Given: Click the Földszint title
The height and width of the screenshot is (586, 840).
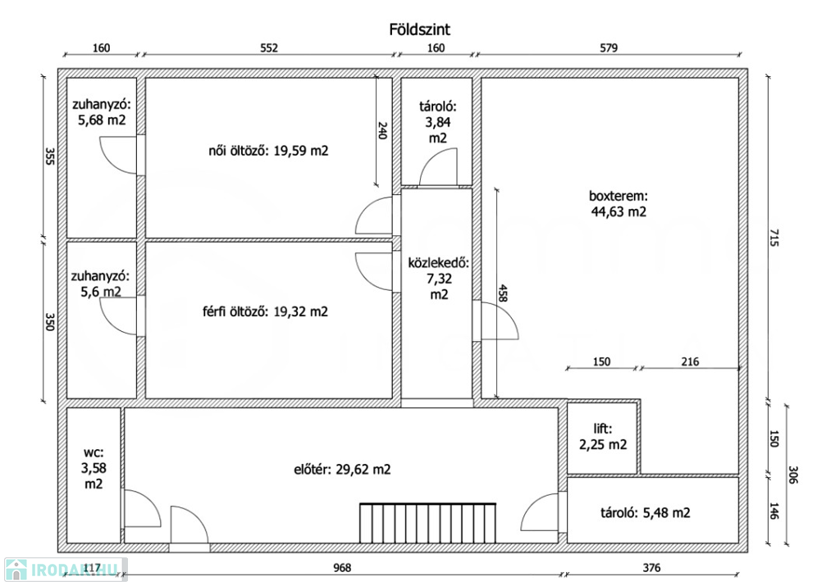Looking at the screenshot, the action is click(x=419, y=30).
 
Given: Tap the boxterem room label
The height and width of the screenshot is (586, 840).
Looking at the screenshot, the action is click(x=619, y=204).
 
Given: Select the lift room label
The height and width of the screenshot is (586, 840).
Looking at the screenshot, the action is click(x=603, y=437).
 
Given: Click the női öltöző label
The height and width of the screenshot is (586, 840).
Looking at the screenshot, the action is click(x=268, y=151).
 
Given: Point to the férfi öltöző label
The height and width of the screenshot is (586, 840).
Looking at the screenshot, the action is click(x=265, y=311).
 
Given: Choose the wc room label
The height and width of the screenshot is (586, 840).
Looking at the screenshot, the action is click(x=94, y=468).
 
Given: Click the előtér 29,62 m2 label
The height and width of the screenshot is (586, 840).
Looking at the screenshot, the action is click(x=342, y=470).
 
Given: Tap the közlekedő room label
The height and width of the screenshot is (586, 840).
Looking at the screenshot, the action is click(x=439, y=279).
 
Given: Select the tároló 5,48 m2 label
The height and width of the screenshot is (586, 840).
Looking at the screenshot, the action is click(x=646, y=513).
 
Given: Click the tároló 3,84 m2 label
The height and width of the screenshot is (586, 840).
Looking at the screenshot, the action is click(x=438, y=123).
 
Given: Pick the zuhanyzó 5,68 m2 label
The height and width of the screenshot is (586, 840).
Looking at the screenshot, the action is click(x=102, y=112).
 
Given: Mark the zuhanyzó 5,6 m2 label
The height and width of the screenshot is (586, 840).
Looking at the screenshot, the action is click(x=100, y=284).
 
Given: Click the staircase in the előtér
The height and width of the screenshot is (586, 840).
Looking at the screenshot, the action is click(x=427, y=523).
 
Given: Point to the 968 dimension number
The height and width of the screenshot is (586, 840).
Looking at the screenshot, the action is click(x=342, y=568).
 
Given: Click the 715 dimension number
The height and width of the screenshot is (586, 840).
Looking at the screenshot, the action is click(x=773, y=237).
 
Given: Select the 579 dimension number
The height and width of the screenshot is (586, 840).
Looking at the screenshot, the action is click(x=609, y=48).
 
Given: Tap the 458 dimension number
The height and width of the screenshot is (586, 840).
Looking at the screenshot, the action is click(x=503, y=293).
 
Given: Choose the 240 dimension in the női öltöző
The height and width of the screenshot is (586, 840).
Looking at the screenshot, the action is click(x=382, y=130).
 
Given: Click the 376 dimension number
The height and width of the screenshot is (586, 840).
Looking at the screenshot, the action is click(x=651, y=568).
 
